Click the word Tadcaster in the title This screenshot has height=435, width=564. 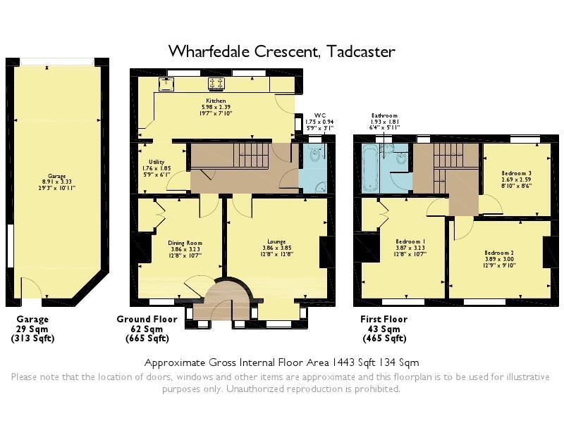point(361,51)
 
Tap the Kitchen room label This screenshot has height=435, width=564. point(216,101)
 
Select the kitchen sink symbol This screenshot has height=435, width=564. point(166,83)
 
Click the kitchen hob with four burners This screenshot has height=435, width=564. point(216,83)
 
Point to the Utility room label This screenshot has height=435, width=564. point(157,162)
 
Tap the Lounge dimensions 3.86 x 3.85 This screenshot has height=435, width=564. point(276,248)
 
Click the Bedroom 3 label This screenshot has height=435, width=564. point(517,173)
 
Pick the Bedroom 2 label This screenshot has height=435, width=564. point(499,253)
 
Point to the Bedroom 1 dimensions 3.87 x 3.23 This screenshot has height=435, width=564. point(410,248)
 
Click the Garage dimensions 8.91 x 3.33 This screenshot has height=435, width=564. point(57,182)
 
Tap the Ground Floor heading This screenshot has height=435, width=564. point(147,319)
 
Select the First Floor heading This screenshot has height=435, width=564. point(384,319)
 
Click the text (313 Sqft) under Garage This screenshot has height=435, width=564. point(32,339)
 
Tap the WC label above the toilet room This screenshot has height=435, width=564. point(320,115)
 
